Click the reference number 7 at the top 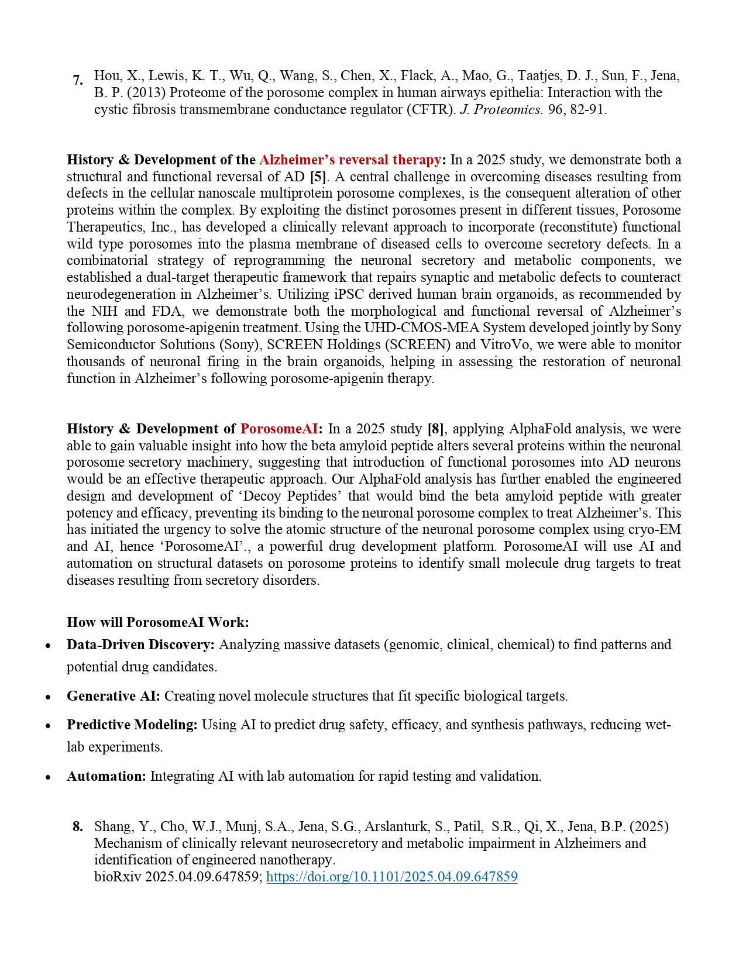coord(77,80)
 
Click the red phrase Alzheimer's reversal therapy coord(350,160)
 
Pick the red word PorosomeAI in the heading coord(279,429)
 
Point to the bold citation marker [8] coord(436,429)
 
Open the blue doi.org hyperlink coord(391,877)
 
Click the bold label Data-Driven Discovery coord(140,645)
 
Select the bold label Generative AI coord(113,696)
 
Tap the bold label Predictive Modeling coord(132,725)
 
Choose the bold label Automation coord(106,776)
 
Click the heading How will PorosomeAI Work coord(157,622)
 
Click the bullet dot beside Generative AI coord(49,697)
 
